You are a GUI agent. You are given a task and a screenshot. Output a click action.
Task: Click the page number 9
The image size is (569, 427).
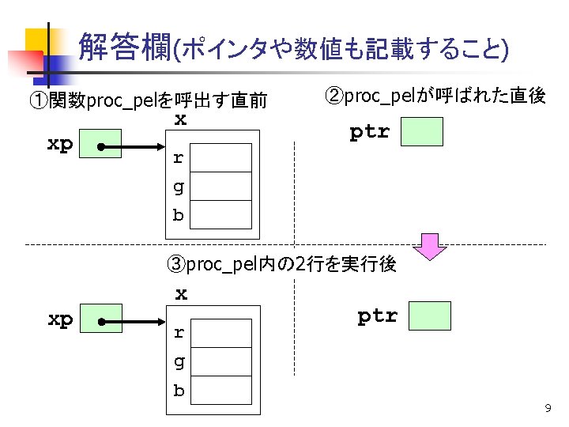[547, 408]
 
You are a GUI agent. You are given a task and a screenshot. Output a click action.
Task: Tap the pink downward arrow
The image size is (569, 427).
[430, 246]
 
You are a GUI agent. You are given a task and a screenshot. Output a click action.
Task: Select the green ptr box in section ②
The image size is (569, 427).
[421, 131]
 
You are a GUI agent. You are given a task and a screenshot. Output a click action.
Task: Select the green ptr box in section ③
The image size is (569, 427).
[429, 316]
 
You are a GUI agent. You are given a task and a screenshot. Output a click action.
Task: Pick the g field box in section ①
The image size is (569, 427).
[222, 187]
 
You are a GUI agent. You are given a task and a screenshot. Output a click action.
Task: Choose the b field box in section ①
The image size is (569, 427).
[222, 214]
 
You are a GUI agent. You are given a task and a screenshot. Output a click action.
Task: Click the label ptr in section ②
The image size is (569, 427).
[370, 132]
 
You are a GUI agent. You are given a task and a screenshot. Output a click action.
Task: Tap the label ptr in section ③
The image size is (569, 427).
[377, 316]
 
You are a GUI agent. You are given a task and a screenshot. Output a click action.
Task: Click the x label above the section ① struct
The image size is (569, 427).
[181, 119]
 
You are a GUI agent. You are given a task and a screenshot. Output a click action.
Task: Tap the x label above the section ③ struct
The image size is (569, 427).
[181, 294]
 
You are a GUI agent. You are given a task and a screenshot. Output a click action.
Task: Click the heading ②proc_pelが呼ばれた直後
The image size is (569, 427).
[435, 96]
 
